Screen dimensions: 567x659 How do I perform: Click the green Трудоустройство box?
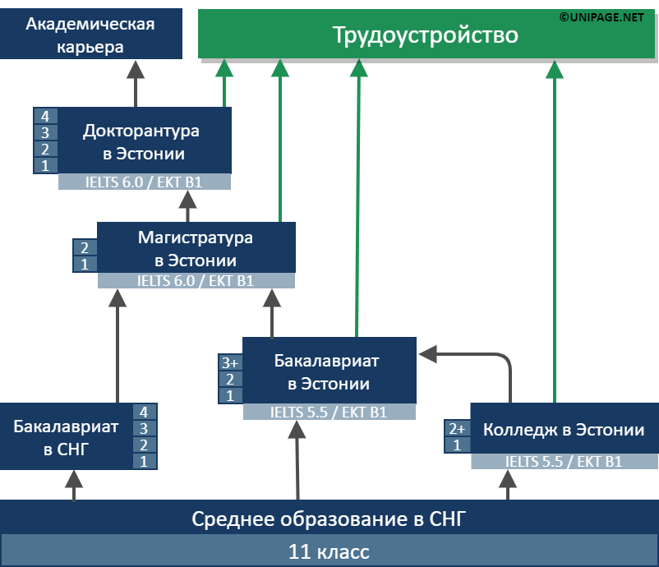(x=425, y=35)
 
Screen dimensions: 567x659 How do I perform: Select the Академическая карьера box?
(x=90, y=35)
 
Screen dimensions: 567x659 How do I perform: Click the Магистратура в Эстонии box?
(x=196, y=249)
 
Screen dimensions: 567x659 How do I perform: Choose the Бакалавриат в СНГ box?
(x=66, y=437)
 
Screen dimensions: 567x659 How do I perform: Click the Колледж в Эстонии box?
(x=564, y=430)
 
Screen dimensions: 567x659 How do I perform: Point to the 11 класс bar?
(x=329, y=551)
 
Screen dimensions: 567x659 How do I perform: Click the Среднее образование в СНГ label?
(x=329, y=519)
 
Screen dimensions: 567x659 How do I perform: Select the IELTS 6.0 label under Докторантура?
(x=145, y=182)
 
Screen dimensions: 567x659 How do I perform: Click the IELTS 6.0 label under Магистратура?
(x=196, y=281)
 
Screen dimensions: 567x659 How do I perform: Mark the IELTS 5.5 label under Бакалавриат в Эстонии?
(x=329, y=413)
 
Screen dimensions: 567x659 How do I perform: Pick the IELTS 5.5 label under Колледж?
(x=564, y=462)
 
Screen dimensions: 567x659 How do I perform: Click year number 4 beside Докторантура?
(x=45, y=117)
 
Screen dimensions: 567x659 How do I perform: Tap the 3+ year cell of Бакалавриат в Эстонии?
(x=229, y=363)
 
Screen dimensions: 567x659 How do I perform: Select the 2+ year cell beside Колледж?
(x=456, y=429)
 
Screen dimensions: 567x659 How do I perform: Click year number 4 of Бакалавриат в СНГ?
(x=145, y=413)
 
